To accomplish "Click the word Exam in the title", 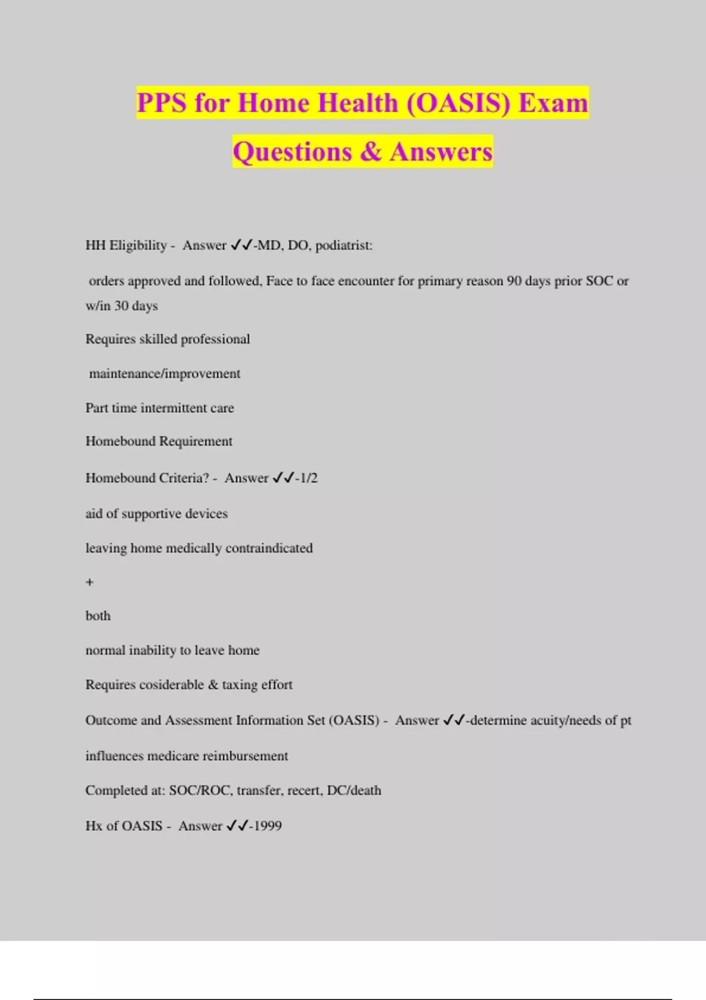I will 553,103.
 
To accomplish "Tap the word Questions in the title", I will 292,152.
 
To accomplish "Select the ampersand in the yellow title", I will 371,152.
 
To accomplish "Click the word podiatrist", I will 344,245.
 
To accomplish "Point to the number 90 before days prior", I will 514,281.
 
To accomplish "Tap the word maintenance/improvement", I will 165,374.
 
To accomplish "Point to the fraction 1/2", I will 309,478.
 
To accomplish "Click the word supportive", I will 154,514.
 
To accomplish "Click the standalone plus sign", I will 89,582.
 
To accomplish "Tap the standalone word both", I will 98,616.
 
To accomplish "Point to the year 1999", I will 268,826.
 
